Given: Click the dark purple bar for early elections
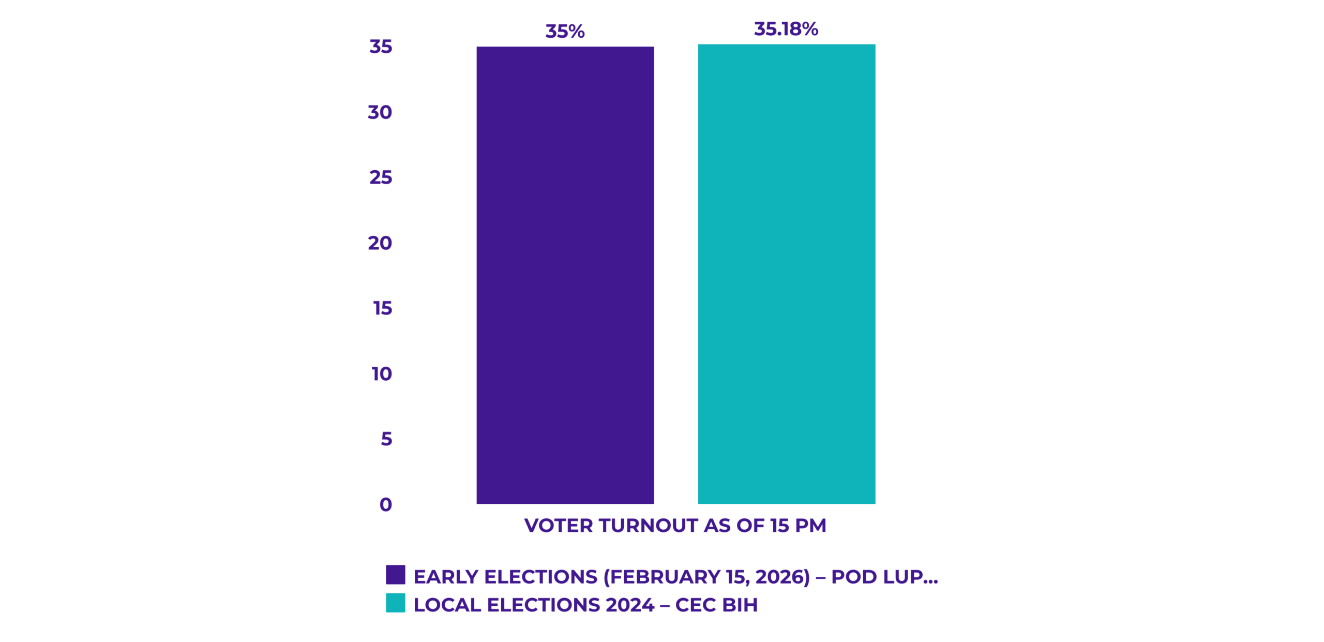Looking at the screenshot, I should (565, 274).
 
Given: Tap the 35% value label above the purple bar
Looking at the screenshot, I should (565, 32).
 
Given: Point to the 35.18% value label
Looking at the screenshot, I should (786, 29).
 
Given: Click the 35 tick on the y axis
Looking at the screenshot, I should (381, 47).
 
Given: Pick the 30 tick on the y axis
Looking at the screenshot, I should (380, 112).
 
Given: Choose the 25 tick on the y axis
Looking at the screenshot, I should (381, 177).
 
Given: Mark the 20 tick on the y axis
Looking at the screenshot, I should (380, 243).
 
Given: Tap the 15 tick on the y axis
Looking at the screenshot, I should (382, 308).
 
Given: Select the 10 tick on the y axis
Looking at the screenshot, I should (382, 374).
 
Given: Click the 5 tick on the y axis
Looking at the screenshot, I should (386, 439).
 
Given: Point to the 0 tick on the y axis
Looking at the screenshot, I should (385, 504).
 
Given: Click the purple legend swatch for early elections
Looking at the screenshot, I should (395, 575).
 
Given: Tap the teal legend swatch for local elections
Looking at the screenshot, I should (395, 603).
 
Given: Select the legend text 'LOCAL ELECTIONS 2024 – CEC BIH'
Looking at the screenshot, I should (585, 605).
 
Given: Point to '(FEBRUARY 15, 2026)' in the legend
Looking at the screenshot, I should (706, 577).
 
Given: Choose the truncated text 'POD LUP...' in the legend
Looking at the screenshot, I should (884, 577).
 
